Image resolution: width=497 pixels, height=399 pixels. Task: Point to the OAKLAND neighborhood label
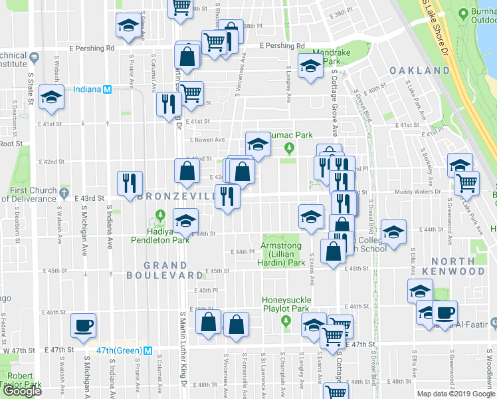[419, 70]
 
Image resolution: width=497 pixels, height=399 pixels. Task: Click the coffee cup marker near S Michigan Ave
[84, 325]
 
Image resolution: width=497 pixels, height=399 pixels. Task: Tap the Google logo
[23, 391]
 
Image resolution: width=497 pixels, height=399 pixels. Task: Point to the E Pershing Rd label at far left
[92, 49]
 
